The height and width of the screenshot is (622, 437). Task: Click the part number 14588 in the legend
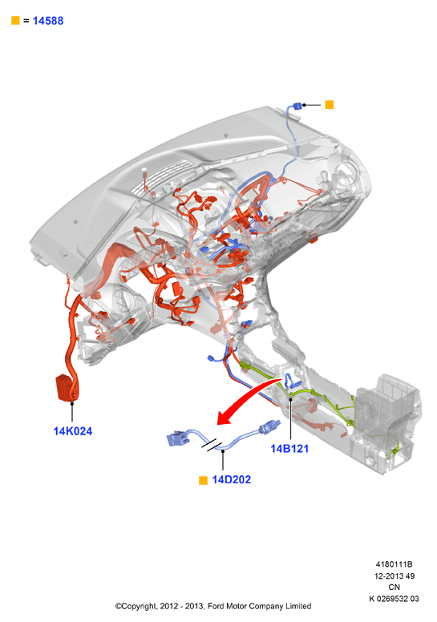(x=48, y=21)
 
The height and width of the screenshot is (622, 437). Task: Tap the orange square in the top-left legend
(x=15, y=20)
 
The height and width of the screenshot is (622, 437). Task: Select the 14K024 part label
(x=73, y=431)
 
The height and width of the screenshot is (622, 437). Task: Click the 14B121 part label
(x=289, y=449)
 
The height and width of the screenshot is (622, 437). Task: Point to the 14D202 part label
(x=232, y=479)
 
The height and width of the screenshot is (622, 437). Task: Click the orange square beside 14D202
(x=203, y=480)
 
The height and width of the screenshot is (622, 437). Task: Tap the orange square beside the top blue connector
(x=330, y=105)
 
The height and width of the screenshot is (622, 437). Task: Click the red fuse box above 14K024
(x=65, y=388)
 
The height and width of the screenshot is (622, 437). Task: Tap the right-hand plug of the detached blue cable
(x=269, y=426)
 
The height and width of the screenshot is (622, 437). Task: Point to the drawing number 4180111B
(x=395, y=563)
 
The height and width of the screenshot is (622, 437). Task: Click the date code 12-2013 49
(x=395, y=576)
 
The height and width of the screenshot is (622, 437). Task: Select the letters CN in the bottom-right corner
(x=395, y=587)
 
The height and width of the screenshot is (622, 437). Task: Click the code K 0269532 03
(x=395, y=599)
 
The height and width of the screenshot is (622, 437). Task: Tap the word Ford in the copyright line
(x=216, y=606)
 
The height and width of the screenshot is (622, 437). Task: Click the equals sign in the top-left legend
(x=26, y=21)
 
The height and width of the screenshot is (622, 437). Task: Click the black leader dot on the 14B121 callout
(x=290, y=399)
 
